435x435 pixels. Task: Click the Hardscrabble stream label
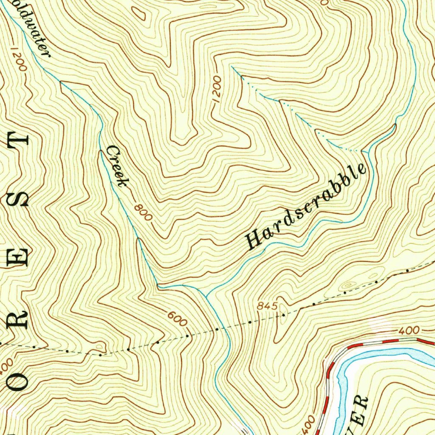coord(306,206)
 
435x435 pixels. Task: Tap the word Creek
coord(117,166)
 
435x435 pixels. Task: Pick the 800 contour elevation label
coord(143,212)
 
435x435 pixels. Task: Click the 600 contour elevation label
coord(177,319)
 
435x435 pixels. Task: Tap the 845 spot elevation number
coord(268,306)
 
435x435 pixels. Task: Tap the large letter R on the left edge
coord(19,316)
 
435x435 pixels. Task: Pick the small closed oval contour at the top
coord(141,15)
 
